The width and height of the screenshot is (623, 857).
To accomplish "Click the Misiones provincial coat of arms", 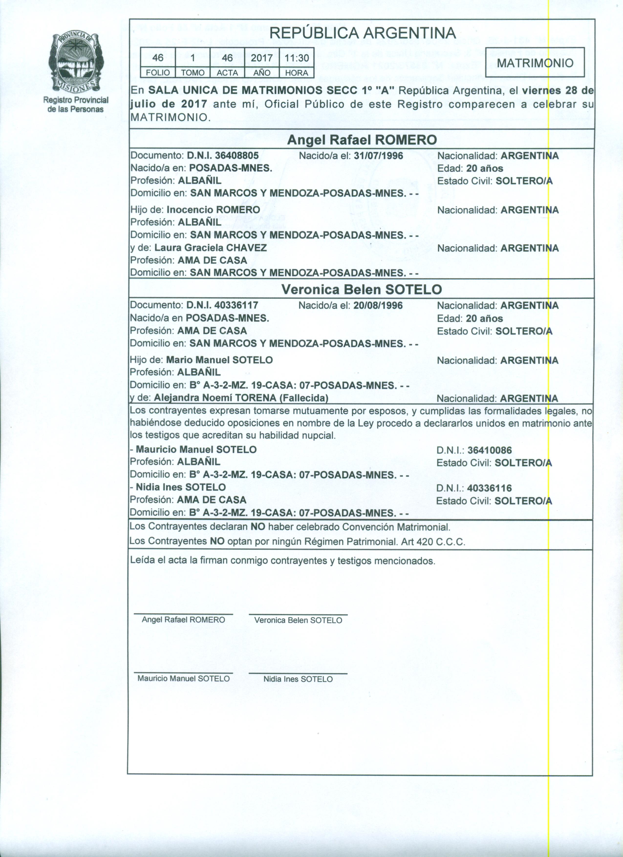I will pyautogui.click(x=75, y=62).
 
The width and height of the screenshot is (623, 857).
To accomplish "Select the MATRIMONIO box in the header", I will pyautogui.click(x=535, y=63).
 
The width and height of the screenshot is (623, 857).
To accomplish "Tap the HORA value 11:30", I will pyautogui.click(x=296, y=58).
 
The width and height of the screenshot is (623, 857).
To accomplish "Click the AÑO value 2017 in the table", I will pyautogui.click(x=262, y=58).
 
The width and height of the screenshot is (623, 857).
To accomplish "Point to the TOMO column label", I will pyautogui.click(x=193, y=73).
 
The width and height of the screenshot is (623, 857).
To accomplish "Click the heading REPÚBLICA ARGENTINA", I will pyautogui.click(x=363, y=33).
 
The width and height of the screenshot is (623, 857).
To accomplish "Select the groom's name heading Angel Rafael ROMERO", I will pyautogui.click(x=362, y=140).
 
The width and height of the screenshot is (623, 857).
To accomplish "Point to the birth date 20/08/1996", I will pyautogui.click(x=378, y=305).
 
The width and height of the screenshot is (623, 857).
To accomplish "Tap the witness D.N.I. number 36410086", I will pyautogui.click(x=490, y=450).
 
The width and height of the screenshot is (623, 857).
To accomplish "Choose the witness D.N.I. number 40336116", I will pyautogui.click(x=489, y=488).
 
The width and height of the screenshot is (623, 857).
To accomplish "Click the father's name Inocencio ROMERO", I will pyautogui.click(x=213, y=210).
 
